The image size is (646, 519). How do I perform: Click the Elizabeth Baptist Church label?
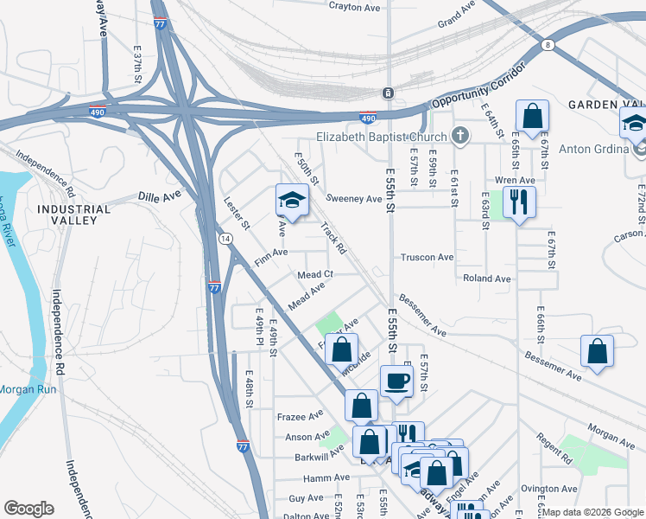[x=381, y=137]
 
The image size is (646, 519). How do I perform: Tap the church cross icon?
[x=461, y=136]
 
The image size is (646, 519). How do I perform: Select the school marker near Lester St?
[x=292, y=202]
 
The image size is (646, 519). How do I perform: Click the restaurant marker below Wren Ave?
[x=518, y=202]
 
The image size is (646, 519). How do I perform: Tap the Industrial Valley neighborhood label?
[x=73, y=215]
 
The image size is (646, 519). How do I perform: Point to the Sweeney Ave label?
[x=354, y=199]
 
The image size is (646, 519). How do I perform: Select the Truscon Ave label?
[x=427, y=258]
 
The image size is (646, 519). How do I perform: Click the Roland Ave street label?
[x=487, y=279]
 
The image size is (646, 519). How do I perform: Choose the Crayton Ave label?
[x=355, y=7]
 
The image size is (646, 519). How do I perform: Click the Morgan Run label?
[x=28, y=389]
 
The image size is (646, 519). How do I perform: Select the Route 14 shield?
[x=224, y=238]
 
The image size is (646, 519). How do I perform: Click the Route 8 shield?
[x=548, y=43]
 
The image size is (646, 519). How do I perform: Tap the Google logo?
[x=28, y=509]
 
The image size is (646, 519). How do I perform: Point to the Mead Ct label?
[x=315, y=275]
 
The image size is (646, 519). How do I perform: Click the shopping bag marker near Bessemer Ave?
[x=597, y=352]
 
